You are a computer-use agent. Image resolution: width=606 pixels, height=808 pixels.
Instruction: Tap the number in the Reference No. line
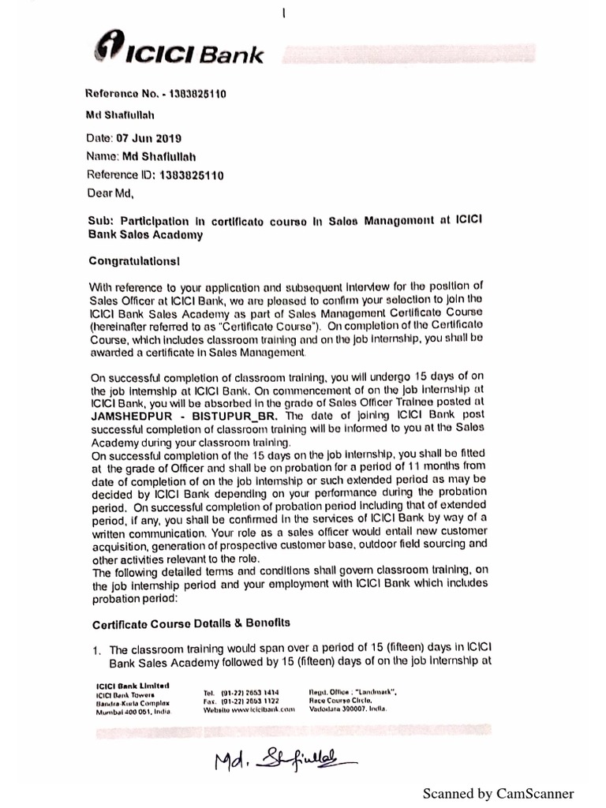(x=193, y=94)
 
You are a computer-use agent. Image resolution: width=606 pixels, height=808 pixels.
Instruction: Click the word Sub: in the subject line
(x=103, y=222)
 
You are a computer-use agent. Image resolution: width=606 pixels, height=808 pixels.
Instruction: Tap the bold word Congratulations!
(x=139, y=257)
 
